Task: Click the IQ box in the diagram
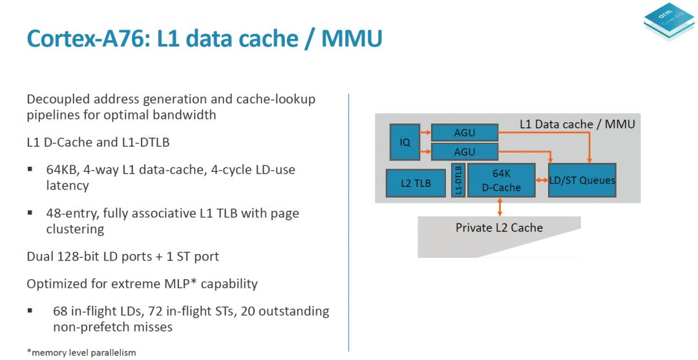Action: pos(405,142)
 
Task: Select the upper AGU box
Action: pos(464,133)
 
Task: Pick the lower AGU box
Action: pos(464,152)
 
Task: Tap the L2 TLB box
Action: pos(416,183)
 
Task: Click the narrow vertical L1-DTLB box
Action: pos(458,180)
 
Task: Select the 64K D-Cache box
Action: pos(501,180)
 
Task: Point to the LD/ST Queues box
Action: pos(582,180)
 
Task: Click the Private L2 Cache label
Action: pos(499,228)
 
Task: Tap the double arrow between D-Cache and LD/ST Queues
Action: pos(542,180)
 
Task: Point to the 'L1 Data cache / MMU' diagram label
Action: pos(577,123)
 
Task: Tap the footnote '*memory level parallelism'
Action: pos(81,352)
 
